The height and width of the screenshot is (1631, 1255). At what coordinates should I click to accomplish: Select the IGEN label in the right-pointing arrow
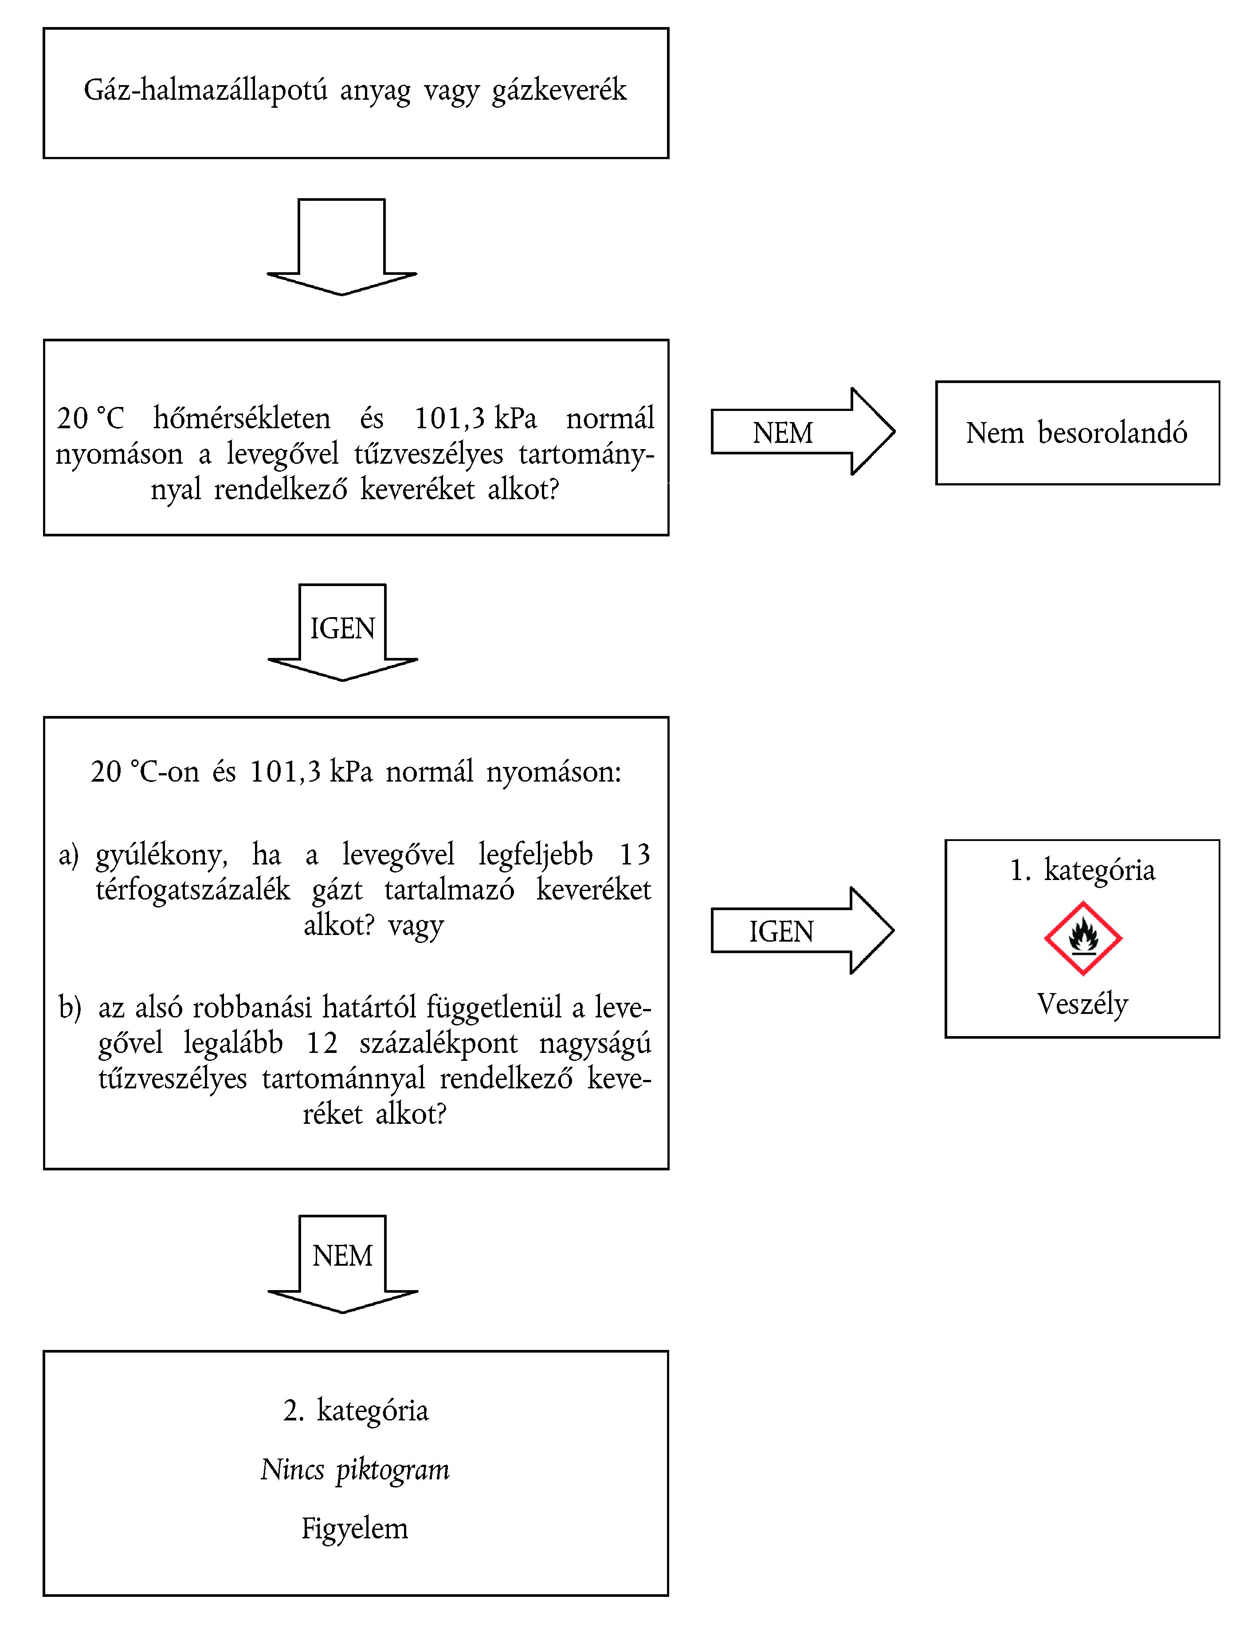781,931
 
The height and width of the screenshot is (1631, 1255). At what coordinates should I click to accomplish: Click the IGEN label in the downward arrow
342,629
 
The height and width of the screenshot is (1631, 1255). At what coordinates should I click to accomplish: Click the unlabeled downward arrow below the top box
341,246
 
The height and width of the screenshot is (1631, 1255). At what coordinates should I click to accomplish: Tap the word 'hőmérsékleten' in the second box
242,418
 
